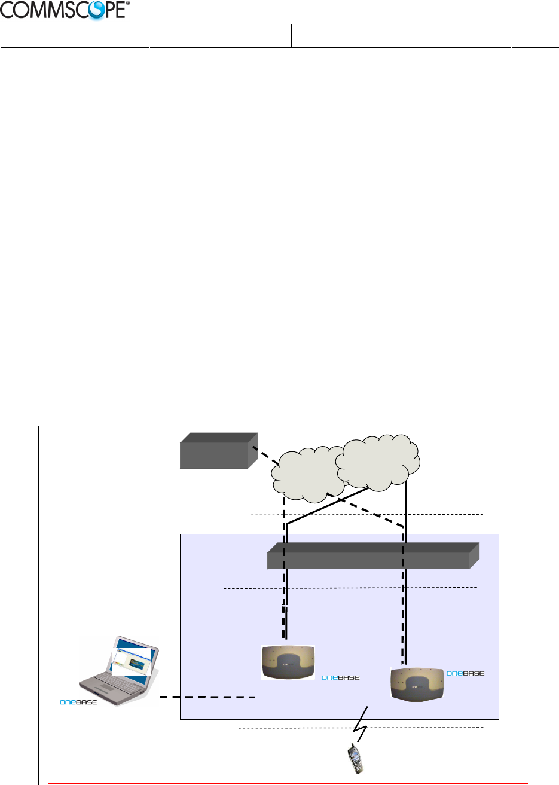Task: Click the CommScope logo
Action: point(65,10)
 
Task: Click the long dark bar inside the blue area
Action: point(371,556)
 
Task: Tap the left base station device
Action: point(288,662)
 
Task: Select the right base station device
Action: point(417,684)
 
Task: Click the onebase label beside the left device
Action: point(340,677)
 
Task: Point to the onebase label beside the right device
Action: point(465,673)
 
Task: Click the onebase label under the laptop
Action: point(78,702)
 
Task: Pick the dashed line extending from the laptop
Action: point(207,697)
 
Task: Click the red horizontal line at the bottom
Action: point(287,783)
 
